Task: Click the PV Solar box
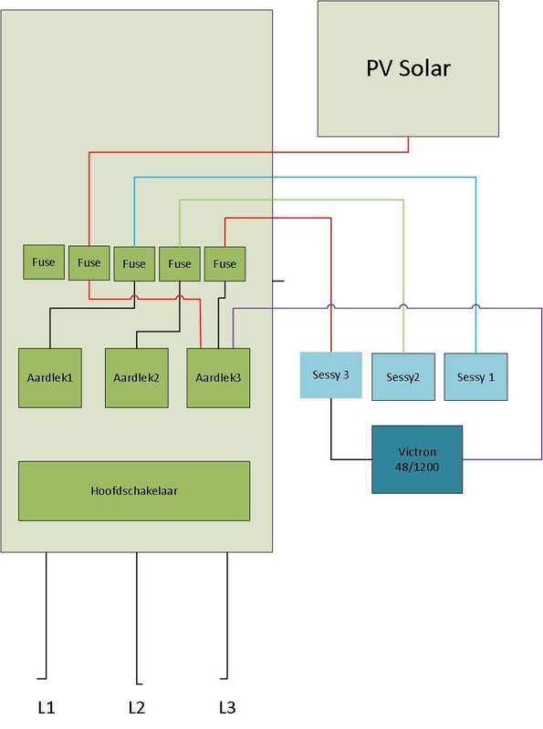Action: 408,69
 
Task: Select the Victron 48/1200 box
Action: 417,459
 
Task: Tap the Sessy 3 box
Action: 330,375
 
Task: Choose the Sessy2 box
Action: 403,376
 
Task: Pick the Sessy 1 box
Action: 475,376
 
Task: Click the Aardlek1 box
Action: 50,378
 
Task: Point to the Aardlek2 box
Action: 137,378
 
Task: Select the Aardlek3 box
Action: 218,378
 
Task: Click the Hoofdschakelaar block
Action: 134,491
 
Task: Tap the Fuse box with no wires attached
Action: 44,262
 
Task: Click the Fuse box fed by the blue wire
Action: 134,263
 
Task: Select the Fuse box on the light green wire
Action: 180,263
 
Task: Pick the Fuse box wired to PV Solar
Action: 89,262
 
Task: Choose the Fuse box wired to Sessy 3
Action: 225,263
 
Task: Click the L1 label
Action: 47,708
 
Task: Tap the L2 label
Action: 137,708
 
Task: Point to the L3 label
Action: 227,708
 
